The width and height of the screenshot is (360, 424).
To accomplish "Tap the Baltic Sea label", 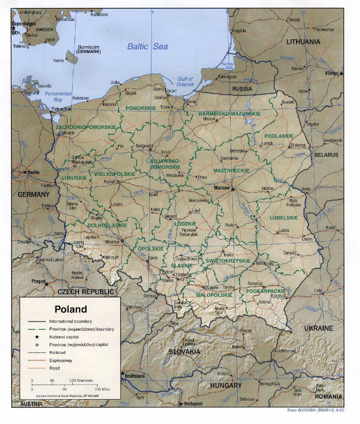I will [x=148, y=46].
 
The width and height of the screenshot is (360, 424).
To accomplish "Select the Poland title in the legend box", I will [x=70, y=309].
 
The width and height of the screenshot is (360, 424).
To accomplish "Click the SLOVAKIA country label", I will [x=184, y=351].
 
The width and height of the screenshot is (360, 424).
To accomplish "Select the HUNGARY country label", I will [x=226, y=385].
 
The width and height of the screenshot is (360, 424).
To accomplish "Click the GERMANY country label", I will [x=34, y=195].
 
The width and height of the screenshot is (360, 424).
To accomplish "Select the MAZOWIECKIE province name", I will [x=231, y=171].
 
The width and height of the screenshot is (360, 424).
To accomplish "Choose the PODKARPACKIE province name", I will [x=265, y=291].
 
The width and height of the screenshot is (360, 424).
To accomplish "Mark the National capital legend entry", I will [x=65, y=336].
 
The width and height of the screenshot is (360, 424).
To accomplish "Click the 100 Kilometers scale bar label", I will [x=83, y=381].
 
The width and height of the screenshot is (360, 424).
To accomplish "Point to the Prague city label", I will [x=39, y=281].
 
